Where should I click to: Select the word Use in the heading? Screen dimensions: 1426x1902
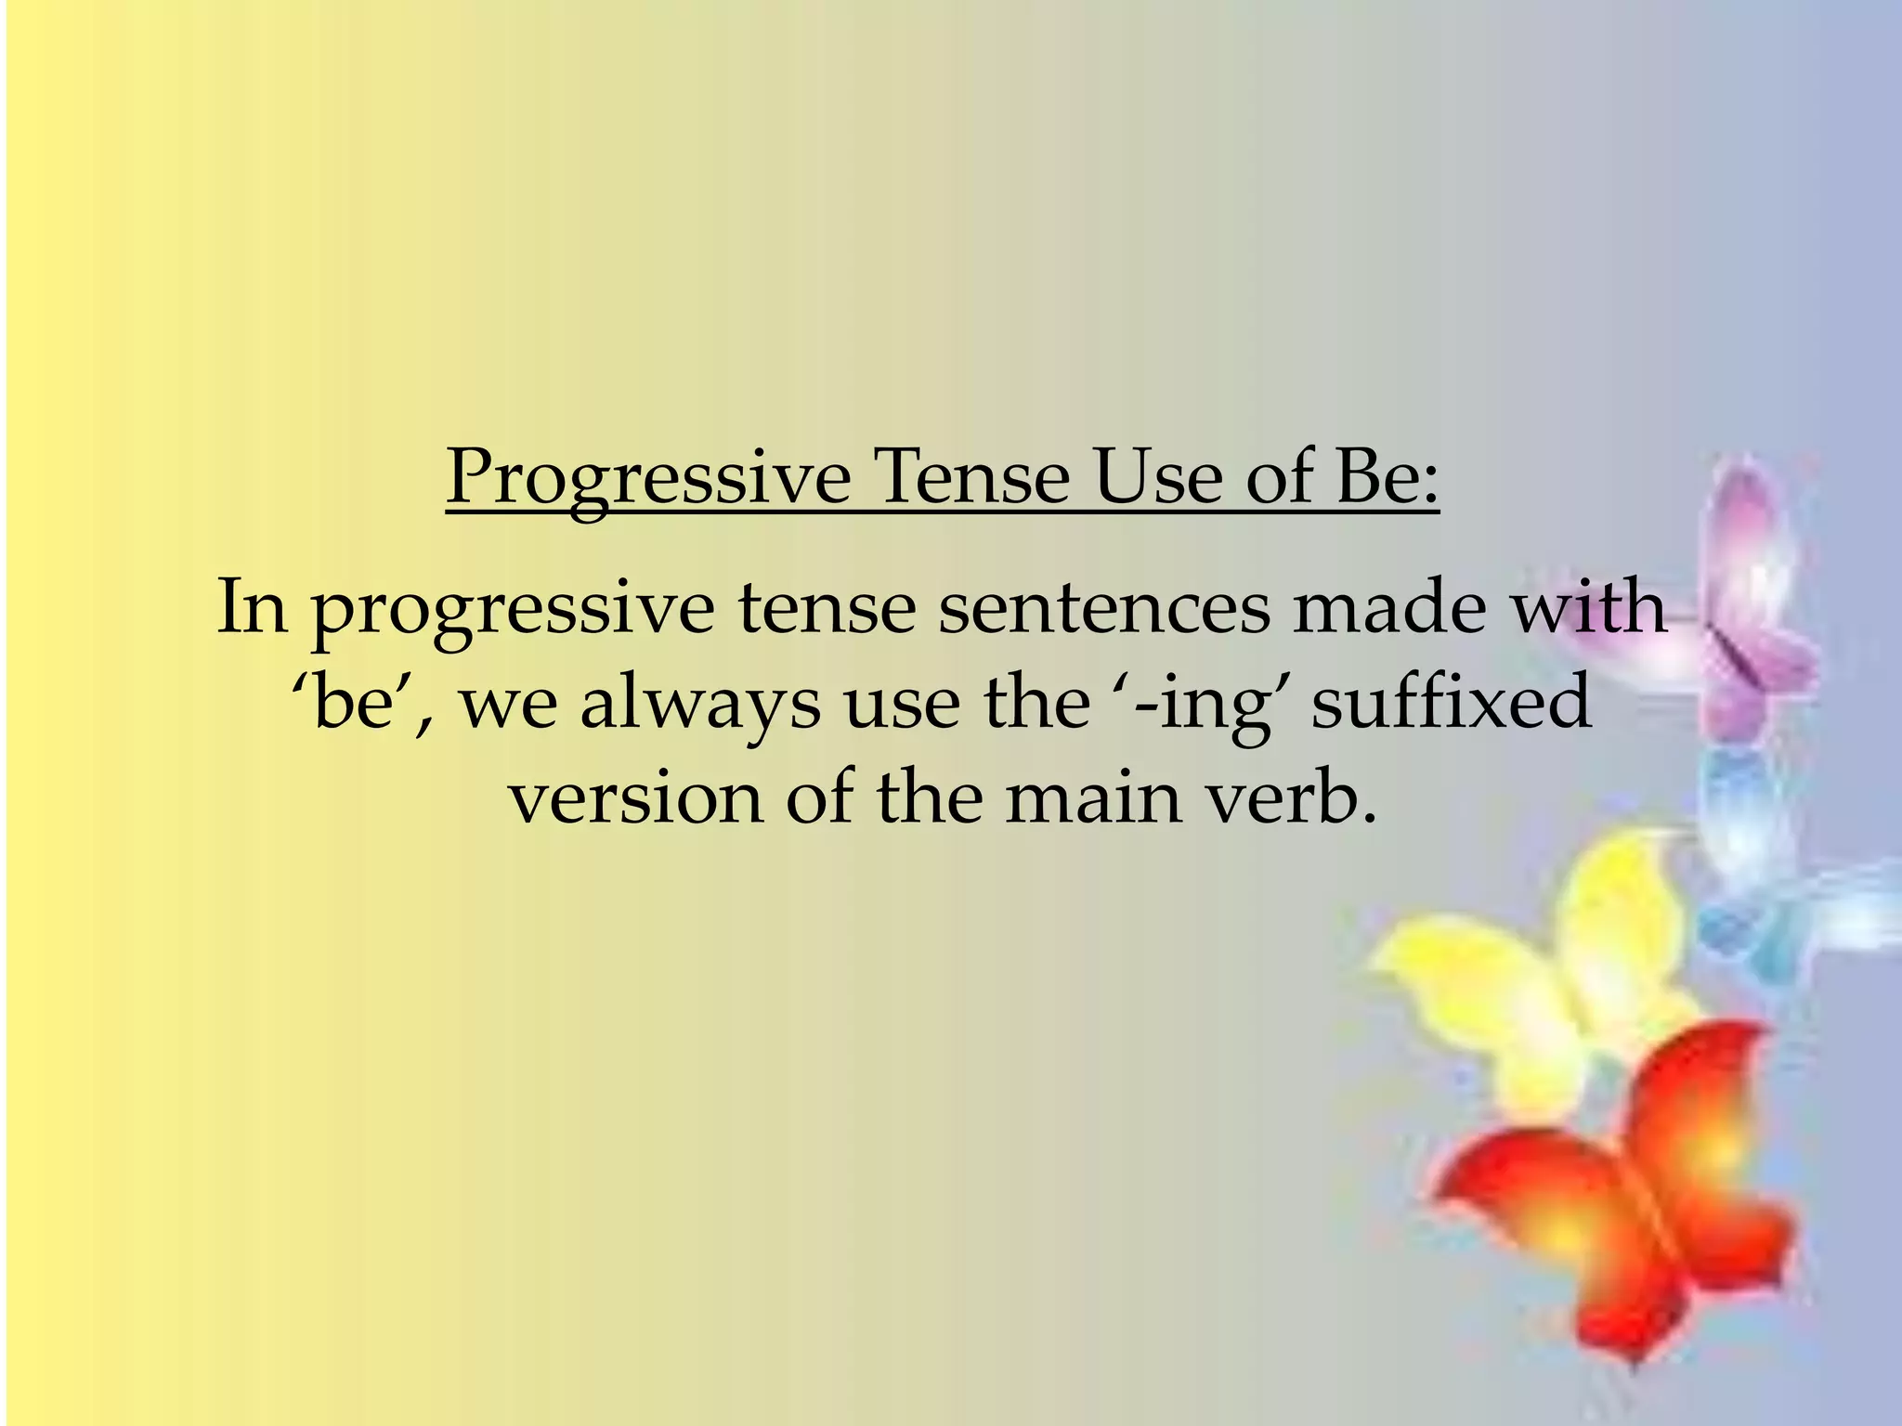[x=1157, y=477]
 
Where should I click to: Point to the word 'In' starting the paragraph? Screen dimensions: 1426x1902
[x=252, y=607]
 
